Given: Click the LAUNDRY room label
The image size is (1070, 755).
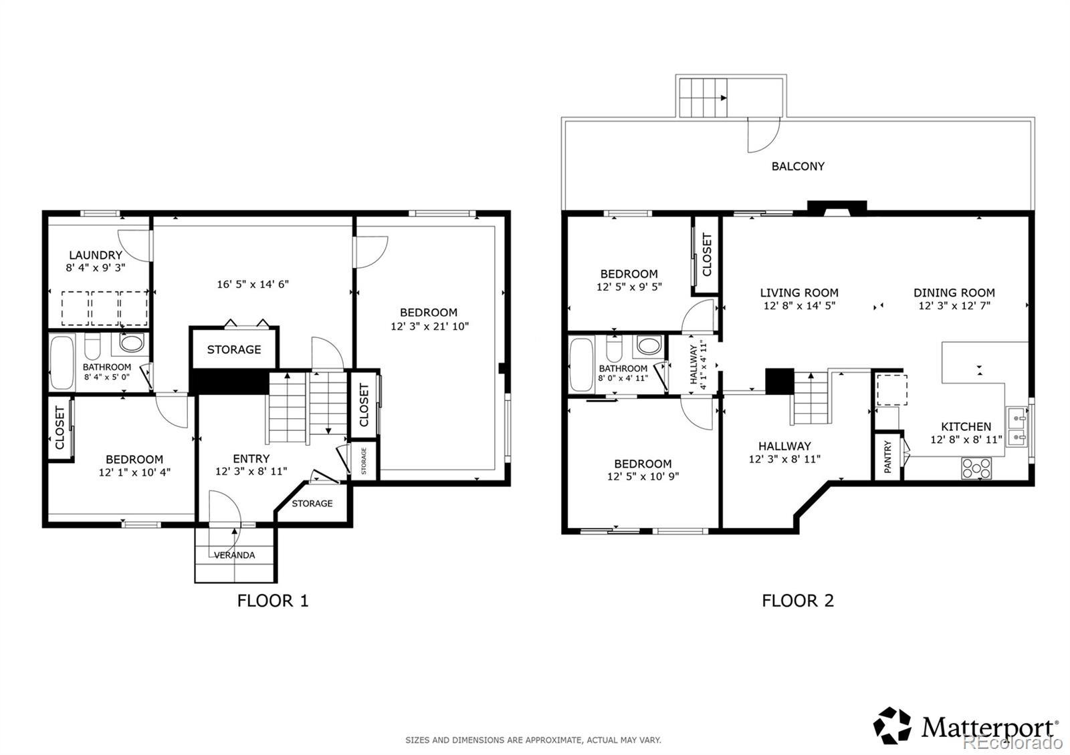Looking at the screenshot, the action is pyautogui.click(x=96, y=255).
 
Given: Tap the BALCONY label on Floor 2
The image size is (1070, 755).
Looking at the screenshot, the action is pyautogui.click(x=798, y=166).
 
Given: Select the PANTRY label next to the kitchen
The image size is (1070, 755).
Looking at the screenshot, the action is pyautogui.click(x=887, y=457).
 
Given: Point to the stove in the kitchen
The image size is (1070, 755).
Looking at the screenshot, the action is pyautogui.click(x=976, y=468).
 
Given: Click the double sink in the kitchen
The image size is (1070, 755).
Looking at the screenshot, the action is pyautogui.click(x=1017, y=426).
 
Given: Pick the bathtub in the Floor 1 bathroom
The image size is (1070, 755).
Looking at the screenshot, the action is pyautogui.click(x=62, y=363).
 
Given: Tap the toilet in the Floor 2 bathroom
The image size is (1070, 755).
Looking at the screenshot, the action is pyautogui.click(x=615, y=348).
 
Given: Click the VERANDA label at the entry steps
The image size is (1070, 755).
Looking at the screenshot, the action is pyautogui.click(x=234, y=555).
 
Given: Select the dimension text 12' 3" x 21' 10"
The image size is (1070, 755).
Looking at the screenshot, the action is pyautogui.click(x=429, y=327).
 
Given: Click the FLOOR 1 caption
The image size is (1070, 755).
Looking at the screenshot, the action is pyautogui.click(x=273, y=601).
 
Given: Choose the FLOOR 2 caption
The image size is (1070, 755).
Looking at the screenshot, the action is pyautogui.click(x=798, y=601).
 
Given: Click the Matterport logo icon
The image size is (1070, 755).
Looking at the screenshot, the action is pyautogui.click(x=892, y=726).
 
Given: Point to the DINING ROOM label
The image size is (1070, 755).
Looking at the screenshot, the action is pyautogui.click(x=954, y=293).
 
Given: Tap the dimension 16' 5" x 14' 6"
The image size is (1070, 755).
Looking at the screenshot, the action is pyautogui.click(x=253, y=285).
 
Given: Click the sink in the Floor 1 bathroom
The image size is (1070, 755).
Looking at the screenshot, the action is pyautogui.click(x=131, y=343).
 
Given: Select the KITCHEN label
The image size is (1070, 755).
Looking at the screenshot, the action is pyautogui.click(x=966, y=427).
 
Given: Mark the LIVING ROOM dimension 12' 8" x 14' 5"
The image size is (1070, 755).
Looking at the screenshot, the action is pyautogui.click(x=799, y=306).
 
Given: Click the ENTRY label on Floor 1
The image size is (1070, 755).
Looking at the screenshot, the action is pyautogui.click(x=251, y=458).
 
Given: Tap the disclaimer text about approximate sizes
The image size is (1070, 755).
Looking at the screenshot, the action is pyautogui.click(x=533, y=740).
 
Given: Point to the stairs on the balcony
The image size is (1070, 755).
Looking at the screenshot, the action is pyautogui.click(x=704, y=98).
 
